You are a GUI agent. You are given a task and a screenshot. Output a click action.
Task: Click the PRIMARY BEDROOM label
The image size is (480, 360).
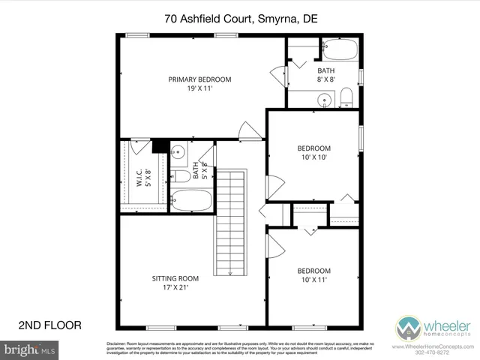coord(199,79)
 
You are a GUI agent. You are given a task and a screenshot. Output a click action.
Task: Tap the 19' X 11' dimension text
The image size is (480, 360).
coord(199,89)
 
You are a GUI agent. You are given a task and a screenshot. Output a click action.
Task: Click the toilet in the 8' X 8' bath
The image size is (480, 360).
coord(346,97)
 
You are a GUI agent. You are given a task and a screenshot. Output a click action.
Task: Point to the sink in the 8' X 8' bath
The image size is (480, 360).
coord(324,99)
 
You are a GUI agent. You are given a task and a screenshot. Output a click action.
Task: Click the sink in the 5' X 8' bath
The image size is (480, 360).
coord(178,154)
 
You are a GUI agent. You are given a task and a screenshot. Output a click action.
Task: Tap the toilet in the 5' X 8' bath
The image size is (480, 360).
coord(181,177)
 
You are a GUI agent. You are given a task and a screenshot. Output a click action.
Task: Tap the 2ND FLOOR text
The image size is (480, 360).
coord(49,325)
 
